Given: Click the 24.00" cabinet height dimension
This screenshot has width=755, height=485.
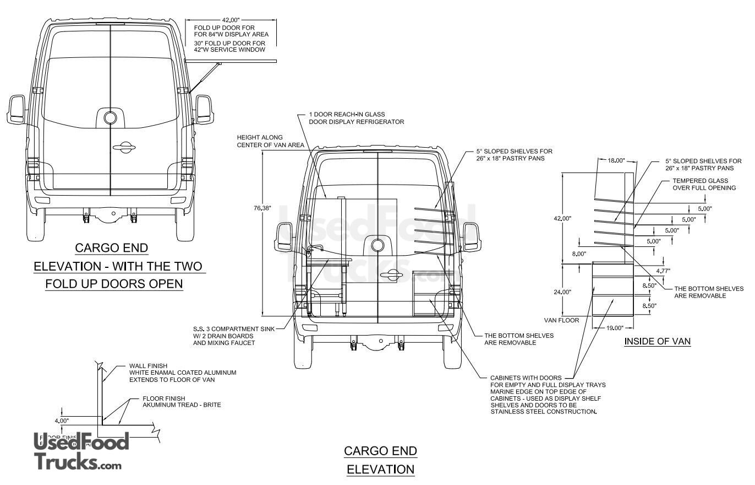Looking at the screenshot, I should click(x=562, y=292).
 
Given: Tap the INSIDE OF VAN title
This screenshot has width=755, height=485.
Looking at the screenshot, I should click(x=657, y=342).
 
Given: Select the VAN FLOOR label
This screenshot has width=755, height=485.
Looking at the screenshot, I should click(x=561, y=320).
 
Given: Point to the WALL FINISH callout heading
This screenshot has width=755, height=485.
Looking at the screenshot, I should click(x=148, y=365).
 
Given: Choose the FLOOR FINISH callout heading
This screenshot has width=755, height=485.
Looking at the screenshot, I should click(x=163, y=398).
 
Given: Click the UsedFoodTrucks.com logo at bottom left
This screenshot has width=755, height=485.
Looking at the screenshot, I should click(x=80, y=451).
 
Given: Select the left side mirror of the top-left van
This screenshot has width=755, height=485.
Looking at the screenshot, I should click(x=16, y=109).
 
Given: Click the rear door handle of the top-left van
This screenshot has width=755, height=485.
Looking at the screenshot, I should click(x=124, y=147).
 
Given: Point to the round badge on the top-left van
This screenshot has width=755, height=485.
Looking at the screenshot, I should click(x=111, y=117).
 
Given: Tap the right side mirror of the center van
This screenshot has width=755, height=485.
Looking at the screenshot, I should click(x=471, y=236).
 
